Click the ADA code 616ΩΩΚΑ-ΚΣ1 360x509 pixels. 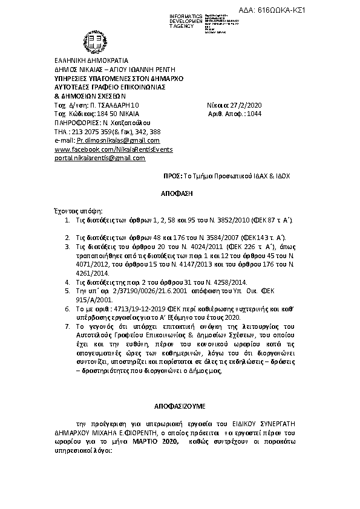tap(324, 11)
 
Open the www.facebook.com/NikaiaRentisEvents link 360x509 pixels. tap(105, 149)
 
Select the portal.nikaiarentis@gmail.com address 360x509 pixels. tap(100, 158)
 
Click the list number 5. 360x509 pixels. tap(67, 291)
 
